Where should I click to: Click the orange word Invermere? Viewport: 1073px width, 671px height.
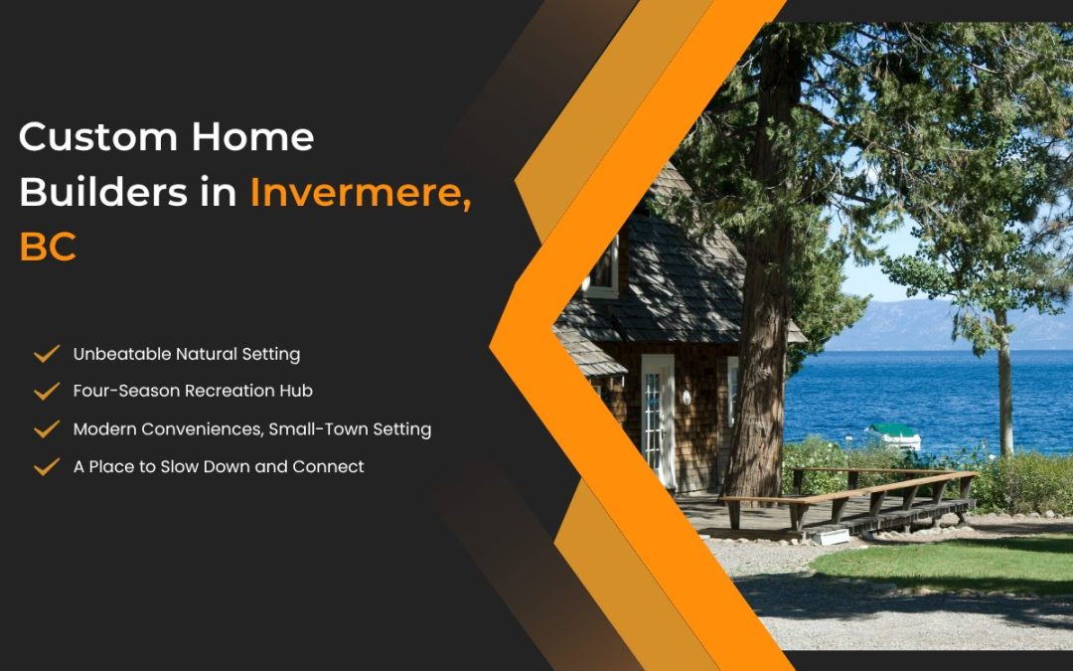[359, 192]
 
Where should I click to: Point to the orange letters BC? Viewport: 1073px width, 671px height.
[48, 248]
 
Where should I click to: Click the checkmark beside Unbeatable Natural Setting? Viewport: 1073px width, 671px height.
[47, 354]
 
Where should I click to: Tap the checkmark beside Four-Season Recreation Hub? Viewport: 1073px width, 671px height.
[47, 392]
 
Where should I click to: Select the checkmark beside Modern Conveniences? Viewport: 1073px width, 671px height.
[47, 429]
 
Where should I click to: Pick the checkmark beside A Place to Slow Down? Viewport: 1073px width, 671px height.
[47, 467]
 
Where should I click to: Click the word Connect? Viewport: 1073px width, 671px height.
[329, 467]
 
